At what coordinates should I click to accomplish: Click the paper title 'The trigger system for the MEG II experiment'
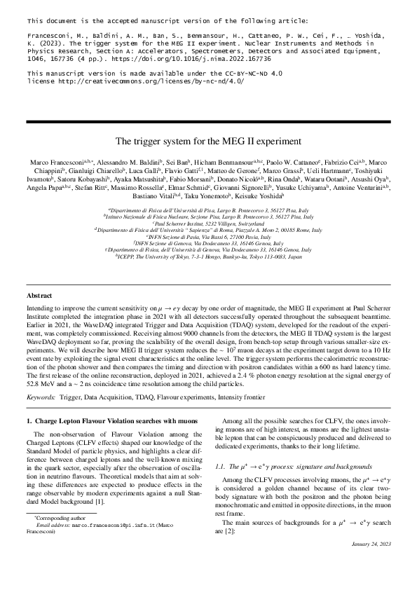208,139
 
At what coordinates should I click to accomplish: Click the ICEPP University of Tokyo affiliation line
208,257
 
